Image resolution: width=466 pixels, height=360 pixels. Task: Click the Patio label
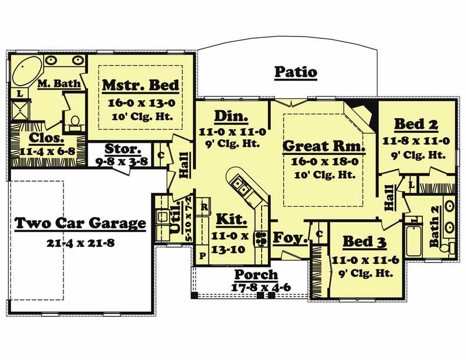point(296,72)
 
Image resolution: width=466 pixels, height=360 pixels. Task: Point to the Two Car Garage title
point(80,223)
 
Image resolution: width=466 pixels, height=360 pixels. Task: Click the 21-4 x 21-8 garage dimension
point(80,241)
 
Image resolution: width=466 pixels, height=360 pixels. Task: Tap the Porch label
point(256,274)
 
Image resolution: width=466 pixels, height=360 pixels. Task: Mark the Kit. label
point(232,220)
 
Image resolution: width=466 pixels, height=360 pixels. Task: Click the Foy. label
point(287,237)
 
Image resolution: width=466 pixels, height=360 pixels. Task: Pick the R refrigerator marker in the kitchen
point(204,207)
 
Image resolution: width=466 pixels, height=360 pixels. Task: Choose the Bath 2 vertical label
point(435,233)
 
